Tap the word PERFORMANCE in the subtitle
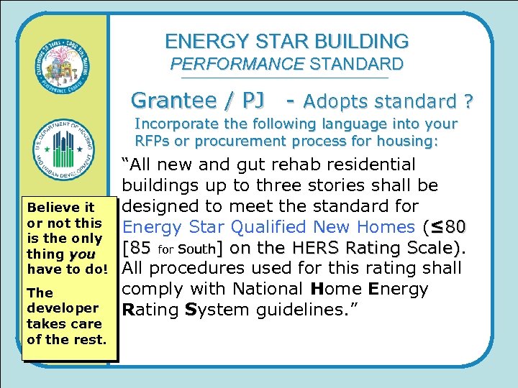(237, 64)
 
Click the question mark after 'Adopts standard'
(467, 101)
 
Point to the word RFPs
(151, 141)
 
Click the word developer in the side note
(63, 308)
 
